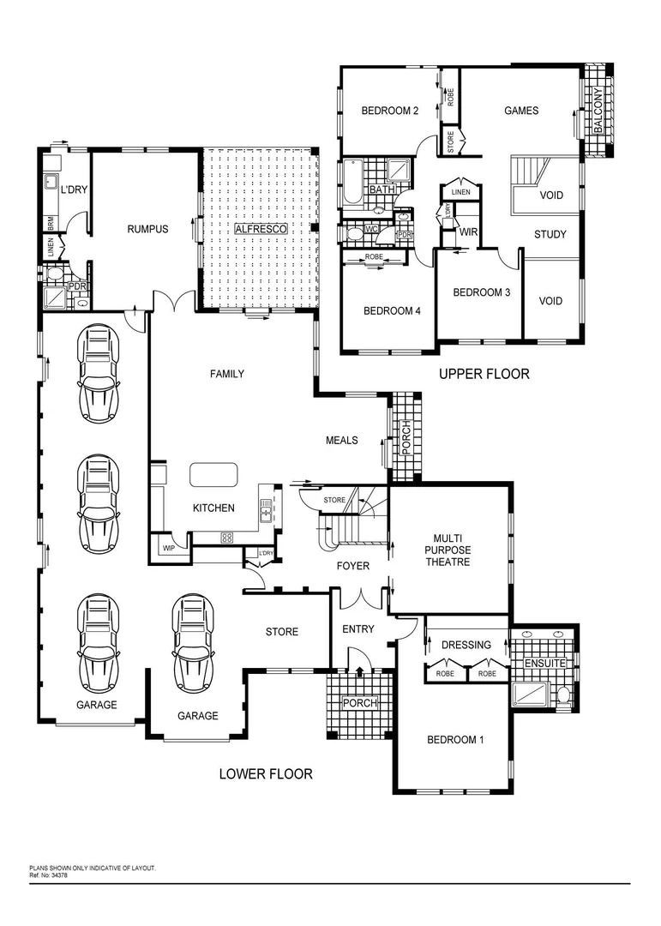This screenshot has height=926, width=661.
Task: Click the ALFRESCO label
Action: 259,230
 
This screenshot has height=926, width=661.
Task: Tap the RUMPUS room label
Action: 147,229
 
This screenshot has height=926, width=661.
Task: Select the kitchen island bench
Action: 213,475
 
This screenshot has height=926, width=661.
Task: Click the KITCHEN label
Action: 213,508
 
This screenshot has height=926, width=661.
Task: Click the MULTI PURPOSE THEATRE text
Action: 448,550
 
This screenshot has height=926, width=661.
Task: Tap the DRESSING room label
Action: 466,645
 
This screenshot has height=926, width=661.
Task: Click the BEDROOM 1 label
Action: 455,739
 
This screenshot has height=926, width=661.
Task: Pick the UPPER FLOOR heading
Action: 484,374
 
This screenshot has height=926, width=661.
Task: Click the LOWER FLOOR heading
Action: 266,773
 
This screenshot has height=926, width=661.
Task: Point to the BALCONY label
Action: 598,111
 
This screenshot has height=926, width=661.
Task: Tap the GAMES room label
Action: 520,111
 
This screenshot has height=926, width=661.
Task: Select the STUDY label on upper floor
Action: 550,235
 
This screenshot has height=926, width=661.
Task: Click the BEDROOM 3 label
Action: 481,292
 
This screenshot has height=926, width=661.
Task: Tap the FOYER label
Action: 352,566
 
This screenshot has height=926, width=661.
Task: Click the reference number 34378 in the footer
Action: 53,875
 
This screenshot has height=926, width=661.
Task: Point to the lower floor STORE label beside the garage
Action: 281,632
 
